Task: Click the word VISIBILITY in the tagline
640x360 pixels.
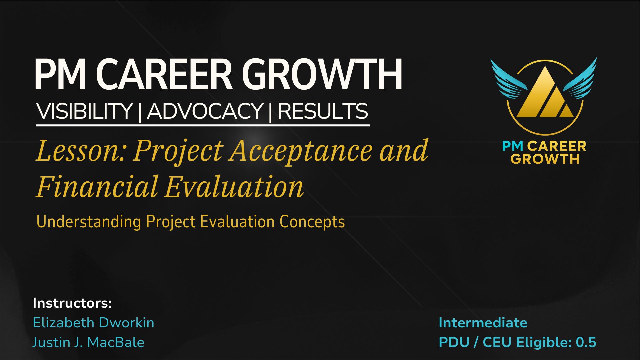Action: click(x=85, y=111)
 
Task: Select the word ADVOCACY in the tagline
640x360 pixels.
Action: click(x=205, y=111)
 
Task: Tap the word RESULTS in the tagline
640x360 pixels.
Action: click(x=323, y=111)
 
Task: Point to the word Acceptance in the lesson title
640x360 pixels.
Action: click(x=301, y=151)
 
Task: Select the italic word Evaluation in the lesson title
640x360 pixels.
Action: click(x=234, y=187)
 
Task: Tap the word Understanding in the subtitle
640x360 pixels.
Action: click(x=89, y=222)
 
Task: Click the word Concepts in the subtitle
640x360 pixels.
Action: click(x=312, y=222)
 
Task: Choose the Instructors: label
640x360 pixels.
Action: click(x=72, y=303)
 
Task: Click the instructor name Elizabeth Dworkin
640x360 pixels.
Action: click(x=94, y=323)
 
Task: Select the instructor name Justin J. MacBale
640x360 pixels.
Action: click(x=88, y=342)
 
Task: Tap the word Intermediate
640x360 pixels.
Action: click(x=483, y=323)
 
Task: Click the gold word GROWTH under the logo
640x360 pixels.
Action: click(x=545, y=159)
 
